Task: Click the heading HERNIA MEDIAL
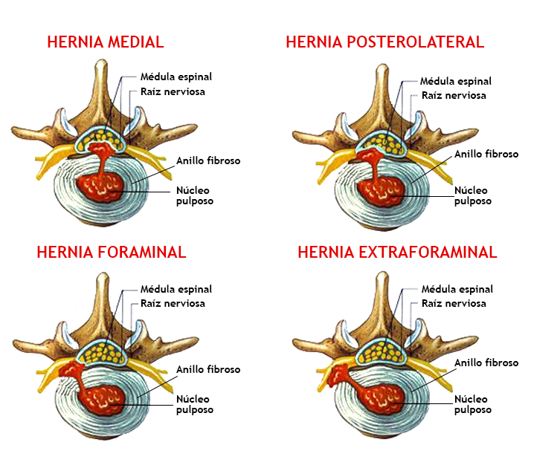pyautogui.click(x=105, y=42)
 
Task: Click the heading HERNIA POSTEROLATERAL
pyautogui.click(x=384, y=42)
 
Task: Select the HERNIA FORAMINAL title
pyautogui.click(x=111, y=252)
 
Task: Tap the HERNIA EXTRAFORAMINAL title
pyautogui.click(x=397, y=252)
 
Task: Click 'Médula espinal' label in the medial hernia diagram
pyautogui.click(x=176, y=77)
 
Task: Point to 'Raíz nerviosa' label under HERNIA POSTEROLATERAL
pyautogui.click(x=454, y=95)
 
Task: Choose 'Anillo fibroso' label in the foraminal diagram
pyautogui.click(x=208, y=369)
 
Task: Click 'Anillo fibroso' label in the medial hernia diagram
pyautogui.click(x=208, y=160)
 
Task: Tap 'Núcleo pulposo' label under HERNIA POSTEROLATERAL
pyautogui.click(x=474, y=195)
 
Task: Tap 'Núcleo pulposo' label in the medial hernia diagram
pyautogui.click(x=193, y=195)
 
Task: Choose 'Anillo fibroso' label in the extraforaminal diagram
pyautogui.click(x=486, y=363)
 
